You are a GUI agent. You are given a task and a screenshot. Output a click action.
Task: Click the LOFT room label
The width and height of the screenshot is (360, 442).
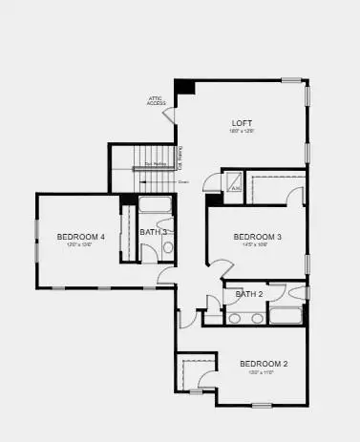(242, 123)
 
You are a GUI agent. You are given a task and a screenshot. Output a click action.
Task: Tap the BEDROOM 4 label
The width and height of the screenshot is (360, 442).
(81, 236)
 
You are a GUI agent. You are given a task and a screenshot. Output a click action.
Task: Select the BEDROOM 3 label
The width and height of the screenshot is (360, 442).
(257, 236)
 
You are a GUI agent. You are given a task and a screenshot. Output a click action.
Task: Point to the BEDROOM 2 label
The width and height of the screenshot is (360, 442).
(263, 364)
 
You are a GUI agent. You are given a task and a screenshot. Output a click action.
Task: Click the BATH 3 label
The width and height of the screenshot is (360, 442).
(153, 232)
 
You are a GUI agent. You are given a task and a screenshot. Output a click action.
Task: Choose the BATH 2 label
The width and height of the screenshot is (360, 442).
(249, 294)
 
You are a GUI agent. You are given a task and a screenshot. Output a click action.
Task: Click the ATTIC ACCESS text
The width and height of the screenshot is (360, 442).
(157, 100)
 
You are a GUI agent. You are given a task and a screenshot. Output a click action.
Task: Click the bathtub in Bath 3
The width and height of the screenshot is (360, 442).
(155, 203)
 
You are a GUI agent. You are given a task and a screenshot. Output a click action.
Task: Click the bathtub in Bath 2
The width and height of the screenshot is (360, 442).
(286, 316)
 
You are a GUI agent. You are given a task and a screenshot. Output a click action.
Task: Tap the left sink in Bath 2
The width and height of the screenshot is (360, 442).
(234, 318)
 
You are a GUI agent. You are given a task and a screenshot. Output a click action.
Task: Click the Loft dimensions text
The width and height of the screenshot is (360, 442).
(242, 132)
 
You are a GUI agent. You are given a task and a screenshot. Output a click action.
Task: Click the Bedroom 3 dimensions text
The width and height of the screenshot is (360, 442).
(256, 244)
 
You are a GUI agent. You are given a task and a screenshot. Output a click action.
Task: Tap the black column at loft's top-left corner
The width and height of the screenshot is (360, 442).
(184, 86)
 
